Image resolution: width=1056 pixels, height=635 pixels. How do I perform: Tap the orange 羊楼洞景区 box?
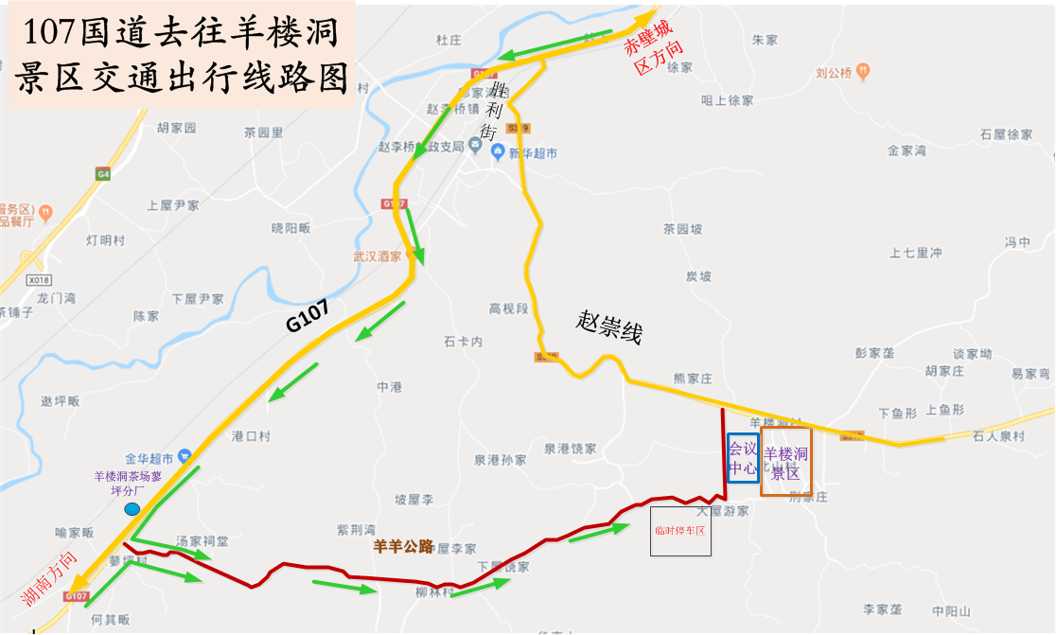(785, 462)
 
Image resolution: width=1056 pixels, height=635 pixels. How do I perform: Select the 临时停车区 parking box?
(681, 530)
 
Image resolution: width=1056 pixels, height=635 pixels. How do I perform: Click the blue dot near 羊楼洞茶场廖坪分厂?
(132, 509)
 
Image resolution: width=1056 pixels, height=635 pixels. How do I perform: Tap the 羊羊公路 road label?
(404, 546)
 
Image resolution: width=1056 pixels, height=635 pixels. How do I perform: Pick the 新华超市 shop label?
(533, 153)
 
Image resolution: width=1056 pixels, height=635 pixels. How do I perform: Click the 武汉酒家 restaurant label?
(378, 256)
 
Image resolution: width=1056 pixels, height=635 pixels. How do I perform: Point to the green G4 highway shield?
(102, 174)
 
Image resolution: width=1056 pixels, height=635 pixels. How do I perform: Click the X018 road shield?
(39, 280)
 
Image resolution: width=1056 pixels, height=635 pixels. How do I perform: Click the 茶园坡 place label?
(682, 229)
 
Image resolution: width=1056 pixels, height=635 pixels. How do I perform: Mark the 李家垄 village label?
(882, 609)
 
